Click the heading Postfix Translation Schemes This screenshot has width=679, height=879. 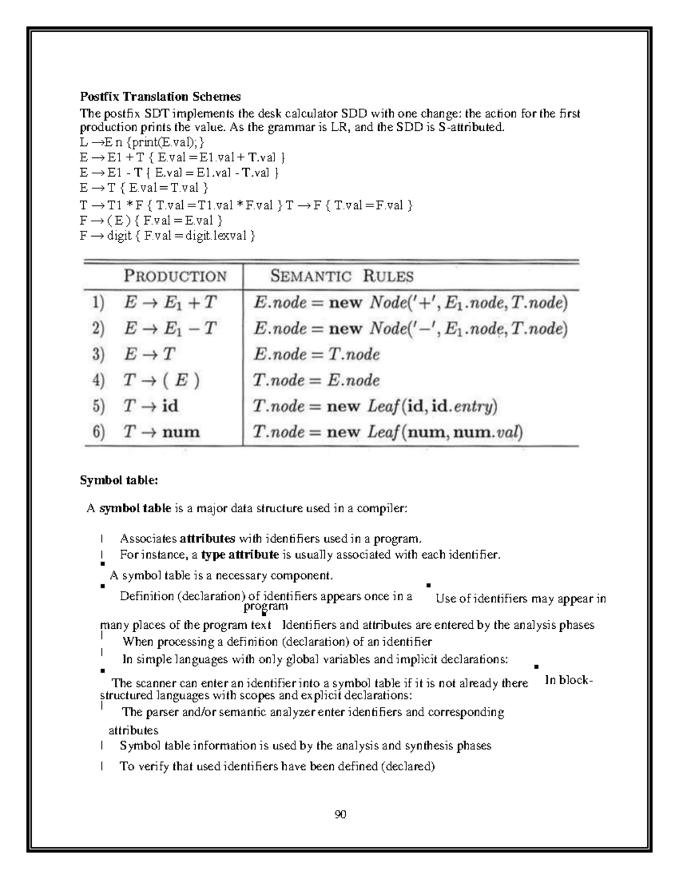pyautogui.click(x=160, y=96)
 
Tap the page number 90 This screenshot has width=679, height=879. pyautogui.click(x=340, y=814)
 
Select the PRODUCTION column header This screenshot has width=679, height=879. pyautogui.click(x=175, y=276)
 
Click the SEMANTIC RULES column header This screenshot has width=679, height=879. pyautogui.click(x=342, y=276)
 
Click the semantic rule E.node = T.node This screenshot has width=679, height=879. pyautogui.click(x=316, y=354)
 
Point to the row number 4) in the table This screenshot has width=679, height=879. pyautogui.click(x=98, y=380)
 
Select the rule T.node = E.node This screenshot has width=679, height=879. pyautogui.click(x=316, y=380)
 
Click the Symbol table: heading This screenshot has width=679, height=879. pyautogui.click(x=119, y=481)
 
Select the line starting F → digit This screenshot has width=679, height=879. pyautogui.click(x=167, y=235)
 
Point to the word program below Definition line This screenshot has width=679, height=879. pyautogui.click(x=265, y=607)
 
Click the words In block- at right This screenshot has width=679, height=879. pyautogui.click(x=568, y=680)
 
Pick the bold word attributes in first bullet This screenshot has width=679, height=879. pyautogui.click(x=207, y=538)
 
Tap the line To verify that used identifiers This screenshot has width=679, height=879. pyautogui.click(x=277, y=766)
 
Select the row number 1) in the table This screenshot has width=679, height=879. pyautogui.click(x=98, y=302)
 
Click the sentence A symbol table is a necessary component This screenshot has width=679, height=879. pyautogui.click(x=221, y=576)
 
